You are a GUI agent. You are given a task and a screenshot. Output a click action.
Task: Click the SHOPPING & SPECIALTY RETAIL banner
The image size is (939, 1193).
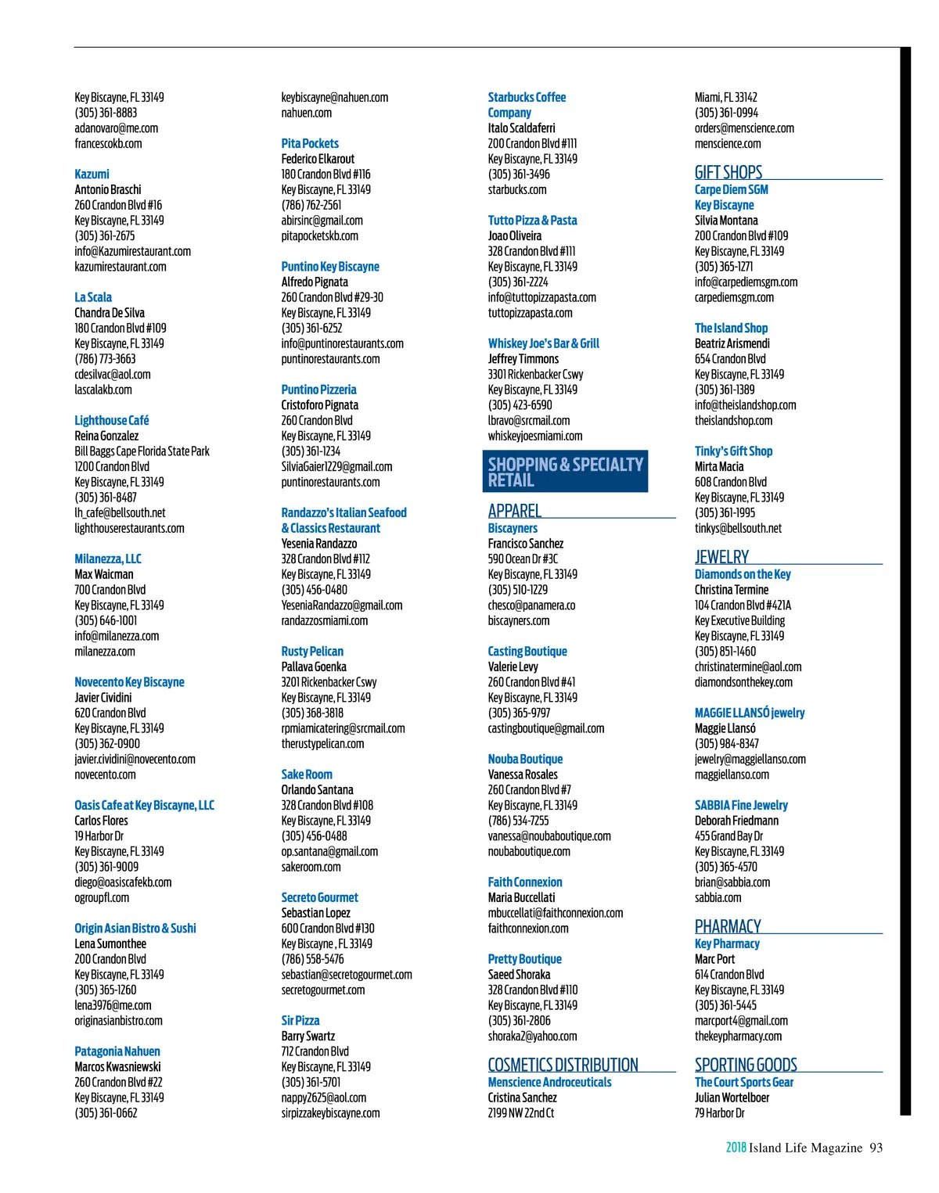pos(565,472)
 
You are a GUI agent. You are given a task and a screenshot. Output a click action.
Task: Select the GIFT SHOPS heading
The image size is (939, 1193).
pos(729,172)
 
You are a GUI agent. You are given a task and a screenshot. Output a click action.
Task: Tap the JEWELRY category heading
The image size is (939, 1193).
pos(721,557)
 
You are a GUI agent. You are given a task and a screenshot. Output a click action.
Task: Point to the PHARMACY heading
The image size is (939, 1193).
pos(728,926)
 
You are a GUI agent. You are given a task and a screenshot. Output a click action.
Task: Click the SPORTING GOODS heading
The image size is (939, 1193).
pos(746,1065)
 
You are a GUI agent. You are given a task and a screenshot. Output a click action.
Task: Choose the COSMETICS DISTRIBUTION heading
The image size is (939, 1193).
pos(563,1065)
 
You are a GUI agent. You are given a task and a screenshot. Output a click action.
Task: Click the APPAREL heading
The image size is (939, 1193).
pos(514,511)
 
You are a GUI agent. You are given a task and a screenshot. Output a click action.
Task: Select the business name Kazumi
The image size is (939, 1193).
pos(92,174)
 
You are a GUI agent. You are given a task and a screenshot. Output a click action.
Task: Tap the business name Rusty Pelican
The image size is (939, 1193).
pos(312,651)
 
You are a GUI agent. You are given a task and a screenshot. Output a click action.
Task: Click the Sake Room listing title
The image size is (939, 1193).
pos(307,774)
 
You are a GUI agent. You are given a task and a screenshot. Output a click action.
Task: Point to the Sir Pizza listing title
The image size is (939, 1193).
pos(300,1020)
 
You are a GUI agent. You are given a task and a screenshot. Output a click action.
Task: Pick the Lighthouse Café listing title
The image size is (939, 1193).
pos(111,420)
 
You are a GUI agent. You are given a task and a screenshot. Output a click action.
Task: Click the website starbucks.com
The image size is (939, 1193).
pos(517,189)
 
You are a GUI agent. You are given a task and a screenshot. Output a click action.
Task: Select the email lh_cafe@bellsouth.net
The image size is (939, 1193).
pos(120,512)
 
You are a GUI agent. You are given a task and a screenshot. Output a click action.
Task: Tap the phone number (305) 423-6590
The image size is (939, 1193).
pos(520,404)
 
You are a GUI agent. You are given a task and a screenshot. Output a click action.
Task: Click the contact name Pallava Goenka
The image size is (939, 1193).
pos(314,667)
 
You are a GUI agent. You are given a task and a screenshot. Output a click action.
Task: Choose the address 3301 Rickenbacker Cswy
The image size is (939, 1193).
pos(535,374)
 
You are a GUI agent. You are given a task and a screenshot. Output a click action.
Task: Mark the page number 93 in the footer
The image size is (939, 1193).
pos(876,1148)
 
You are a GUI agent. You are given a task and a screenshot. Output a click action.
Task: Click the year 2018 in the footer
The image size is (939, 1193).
pos(736,1148)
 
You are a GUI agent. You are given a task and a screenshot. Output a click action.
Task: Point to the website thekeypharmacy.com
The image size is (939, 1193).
pos(738,1036)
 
